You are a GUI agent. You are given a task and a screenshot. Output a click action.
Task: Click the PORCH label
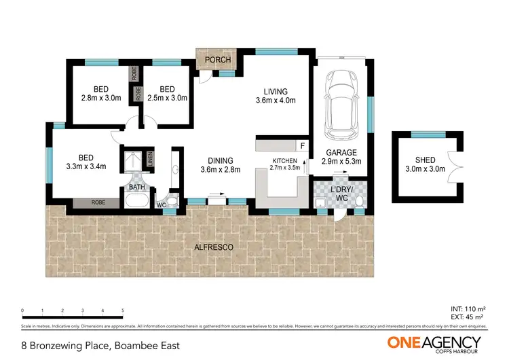[x=217, y=60]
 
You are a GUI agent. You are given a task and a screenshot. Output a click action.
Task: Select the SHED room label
[x=425, y=160]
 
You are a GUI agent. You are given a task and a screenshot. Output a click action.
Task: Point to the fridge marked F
[x=302, y=145]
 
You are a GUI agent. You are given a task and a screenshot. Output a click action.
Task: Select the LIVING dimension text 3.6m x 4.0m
[x=276, y=102]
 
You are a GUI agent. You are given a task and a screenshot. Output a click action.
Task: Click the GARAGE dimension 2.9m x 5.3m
[x=341, y=162]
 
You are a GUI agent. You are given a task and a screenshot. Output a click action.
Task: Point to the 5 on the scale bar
[x=123, y=310]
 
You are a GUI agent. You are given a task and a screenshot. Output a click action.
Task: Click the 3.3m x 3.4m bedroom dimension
[x=87, y=166]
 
